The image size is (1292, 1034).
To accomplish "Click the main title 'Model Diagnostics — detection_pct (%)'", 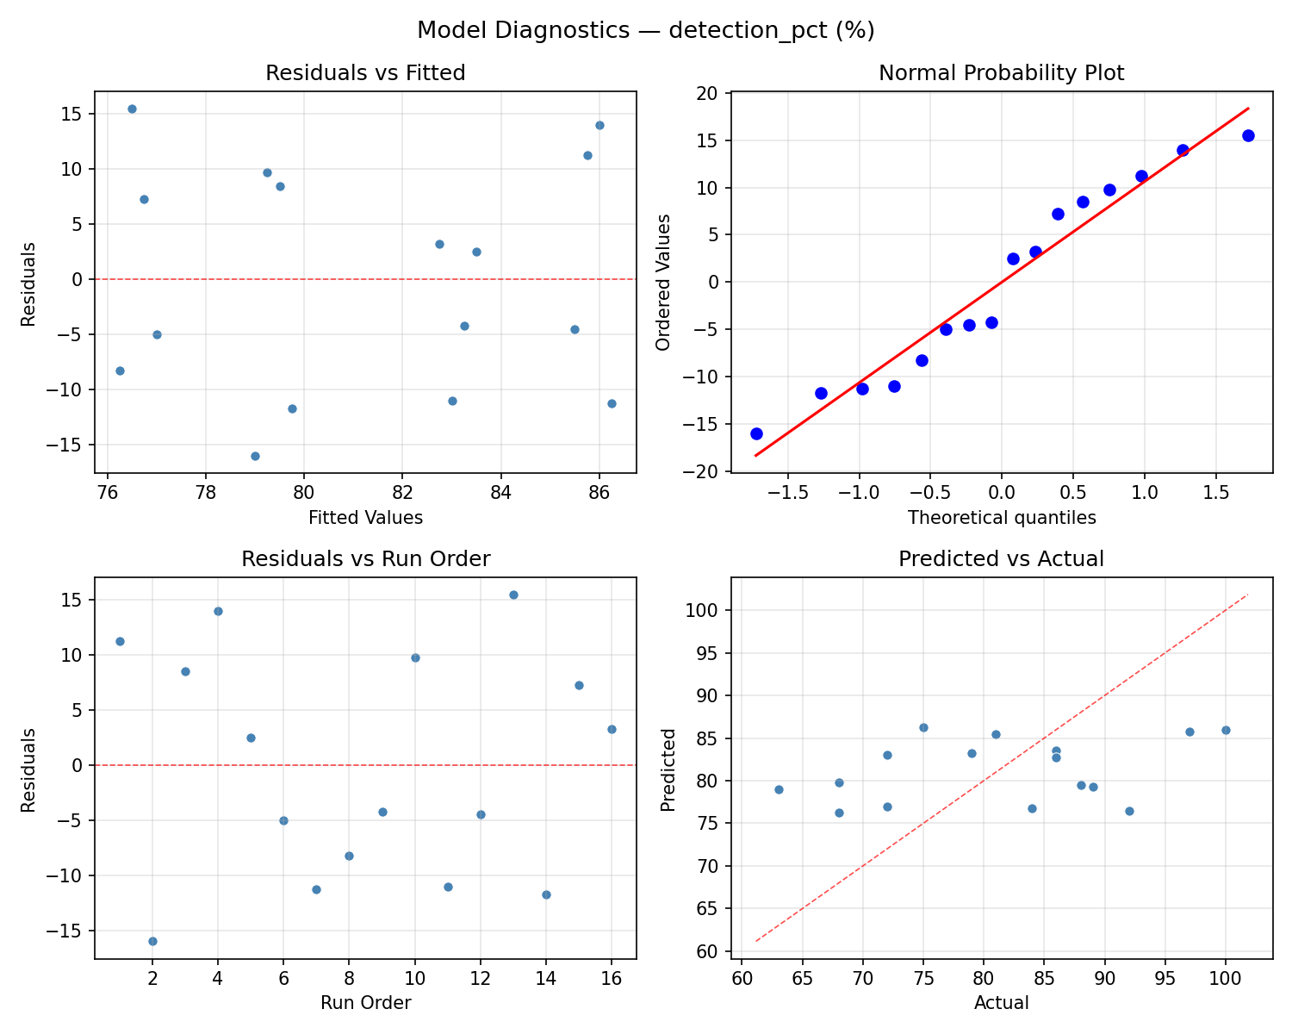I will tap(645, 31).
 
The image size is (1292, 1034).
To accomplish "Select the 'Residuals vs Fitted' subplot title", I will tap(365, 73).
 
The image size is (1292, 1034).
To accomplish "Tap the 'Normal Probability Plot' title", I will tap(1001, 73).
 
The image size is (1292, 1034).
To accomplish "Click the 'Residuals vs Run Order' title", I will tap(365, 559).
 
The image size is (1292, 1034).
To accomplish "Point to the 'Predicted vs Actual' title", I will tap(1001, 559).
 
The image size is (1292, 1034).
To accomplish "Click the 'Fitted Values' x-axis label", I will tap(365, 518).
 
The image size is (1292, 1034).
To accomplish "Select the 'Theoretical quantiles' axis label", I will tap(1001, 518).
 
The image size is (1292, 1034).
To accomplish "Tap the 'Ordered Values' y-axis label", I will tap(662, 282).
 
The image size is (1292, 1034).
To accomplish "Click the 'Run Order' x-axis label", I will tap(365, 1003).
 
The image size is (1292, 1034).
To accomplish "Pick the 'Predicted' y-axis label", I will tap(668, 769).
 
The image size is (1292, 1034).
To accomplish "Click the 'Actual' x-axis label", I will tap(1001, 1003).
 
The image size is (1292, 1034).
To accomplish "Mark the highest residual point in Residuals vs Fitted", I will tap(132, 109).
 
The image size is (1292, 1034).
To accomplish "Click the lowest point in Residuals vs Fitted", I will tap(255, 456).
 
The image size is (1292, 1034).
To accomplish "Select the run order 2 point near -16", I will tap(152, 941).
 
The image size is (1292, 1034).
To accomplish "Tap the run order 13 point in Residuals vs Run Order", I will tap(513, 595).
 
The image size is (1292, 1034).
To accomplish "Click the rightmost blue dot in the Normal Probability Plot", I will tap(1248, 135).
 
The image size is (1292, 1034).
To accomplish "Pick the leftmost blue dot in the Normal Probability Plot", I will tap(756, 433).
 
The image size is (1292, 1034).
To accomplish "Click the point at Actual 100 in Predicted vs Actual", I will tap(1226, 730).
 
